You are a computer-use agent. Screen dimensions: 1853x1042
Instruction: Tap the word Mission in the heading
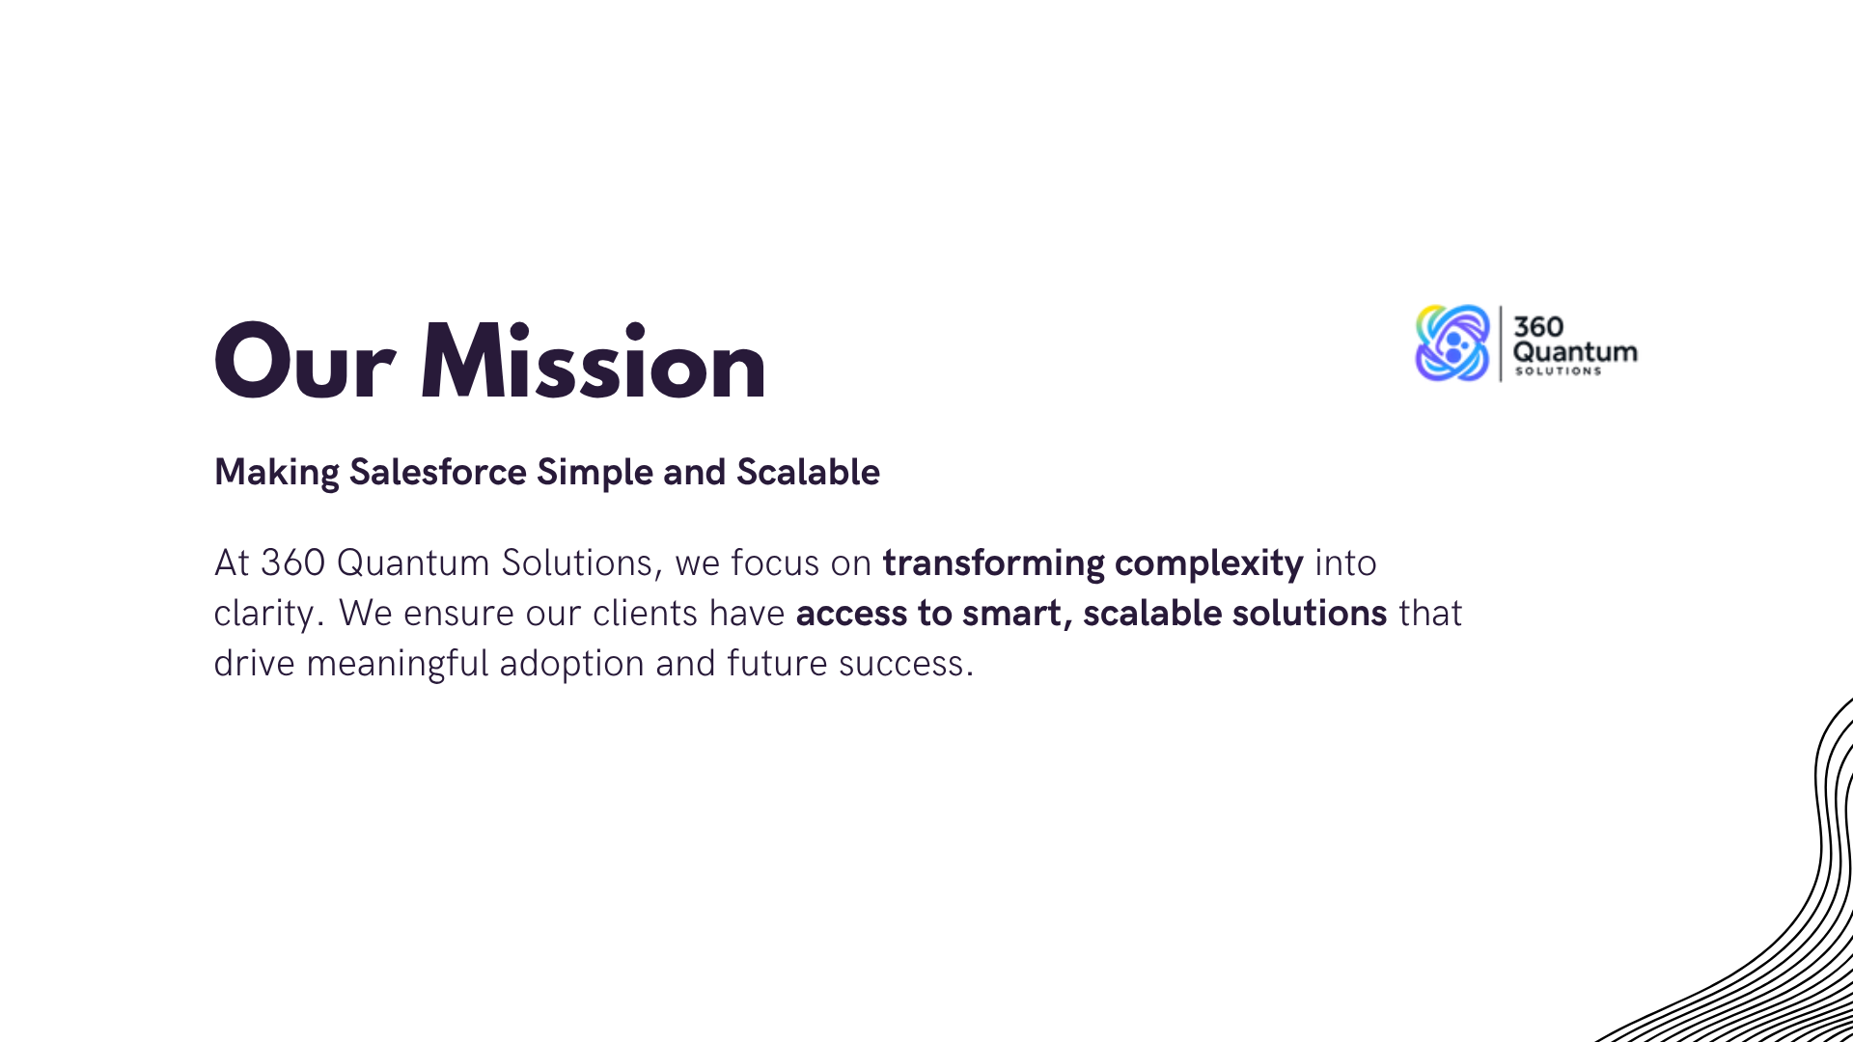593,360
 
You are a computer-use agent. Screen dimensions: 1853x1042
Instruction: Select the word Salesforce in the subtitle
438,472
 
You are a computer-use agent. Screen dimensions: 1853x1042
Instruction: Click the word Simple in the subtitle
595,474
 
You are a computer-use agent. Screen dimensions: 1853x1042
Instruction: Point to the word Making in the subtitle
277,474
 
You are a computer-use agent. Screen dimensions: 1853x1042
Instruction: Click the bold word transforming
993,563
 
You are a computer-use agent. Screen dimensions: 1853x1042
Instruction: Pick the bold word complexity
1209,563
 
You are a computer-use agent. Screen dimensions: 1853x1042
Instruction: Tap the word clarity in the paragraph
263,614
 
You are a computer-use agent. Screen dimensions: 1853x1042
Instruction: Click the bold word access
851,615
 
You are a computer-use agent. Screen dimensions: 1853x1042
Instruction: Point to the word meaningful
398,664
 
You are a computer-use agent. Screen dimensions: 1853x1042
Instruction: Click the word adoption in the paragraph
571,664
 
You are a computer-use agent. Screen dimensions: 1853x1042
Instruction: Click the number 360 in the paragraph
292,563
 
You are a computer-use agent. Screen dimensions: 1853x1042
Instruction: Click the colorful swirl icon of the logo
1452,343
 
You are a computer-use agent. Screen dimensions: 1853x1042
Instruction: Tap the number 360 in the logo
1538,327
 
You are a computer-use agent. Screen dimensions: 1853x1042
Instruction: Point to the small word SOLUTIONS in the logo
1558,371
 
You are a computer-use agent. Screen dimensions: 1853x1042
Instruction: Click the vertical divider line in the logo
1501,343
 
